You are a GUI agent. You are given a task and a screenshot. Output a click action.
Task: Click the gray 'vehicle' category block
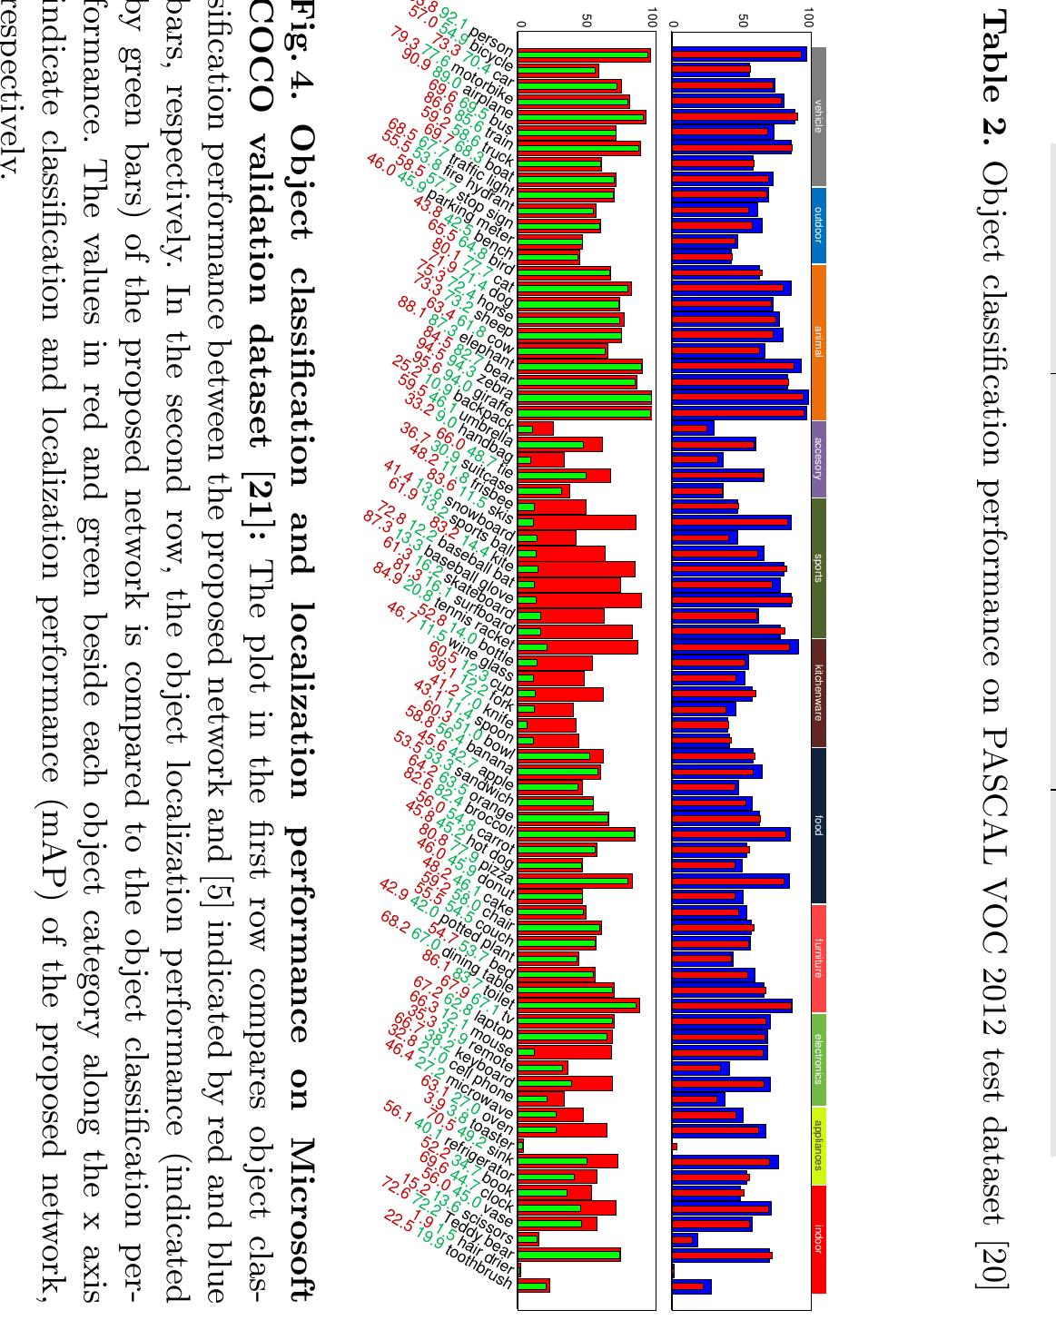click(818, 117)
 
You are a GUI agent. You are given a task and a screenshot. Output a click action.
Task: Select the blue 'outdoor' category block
click(818, 225)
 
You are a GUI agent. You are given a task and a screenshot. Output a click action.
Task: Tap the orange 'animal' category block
click(818, 341)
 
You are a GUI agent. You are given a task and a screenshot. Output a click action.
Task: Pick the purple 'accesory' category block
click(818, 458)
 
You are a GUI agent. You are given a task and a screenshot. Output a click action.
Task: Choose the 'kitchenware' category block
click(818, 693)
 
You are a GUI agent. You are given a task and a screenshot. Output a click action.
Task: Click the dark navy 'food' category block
click(818, 825)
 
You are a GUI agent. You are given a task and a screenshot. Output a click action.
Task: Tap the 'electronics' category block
click(818, 1059)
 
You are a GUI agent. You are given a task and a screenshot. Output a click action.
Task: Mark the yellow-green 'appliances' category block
click(818, 1147)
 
